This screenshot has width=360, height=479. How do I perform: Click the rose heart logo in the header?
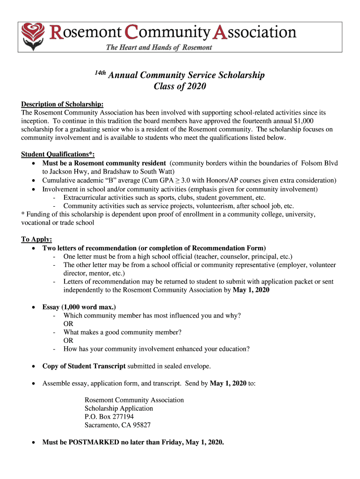tap(33, 37)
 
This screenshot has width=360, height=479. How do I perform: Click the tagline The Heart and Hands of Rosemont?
tap(159, 47)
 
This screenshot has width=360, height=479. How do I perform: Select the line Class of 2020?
tap(180, 87)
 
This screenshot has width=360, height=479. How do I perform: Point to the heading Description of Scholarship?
tap(62, 104)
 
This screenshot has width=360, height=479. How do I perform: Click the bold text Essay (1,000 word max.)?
tap(79, 307)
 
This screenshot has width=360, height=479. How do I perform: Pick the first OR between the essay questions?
tap(68, 324)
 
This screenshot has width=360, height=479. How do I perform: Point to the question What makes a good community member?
tap(122, 332)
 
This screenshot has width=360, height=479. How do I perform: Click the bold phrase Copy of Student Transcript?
tap(84, 366)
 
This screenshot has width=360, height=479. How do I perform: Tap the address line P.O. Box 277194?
tap(109, 417)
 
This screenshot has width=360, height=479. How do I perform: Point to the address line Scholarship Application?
tap(119, 408)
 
